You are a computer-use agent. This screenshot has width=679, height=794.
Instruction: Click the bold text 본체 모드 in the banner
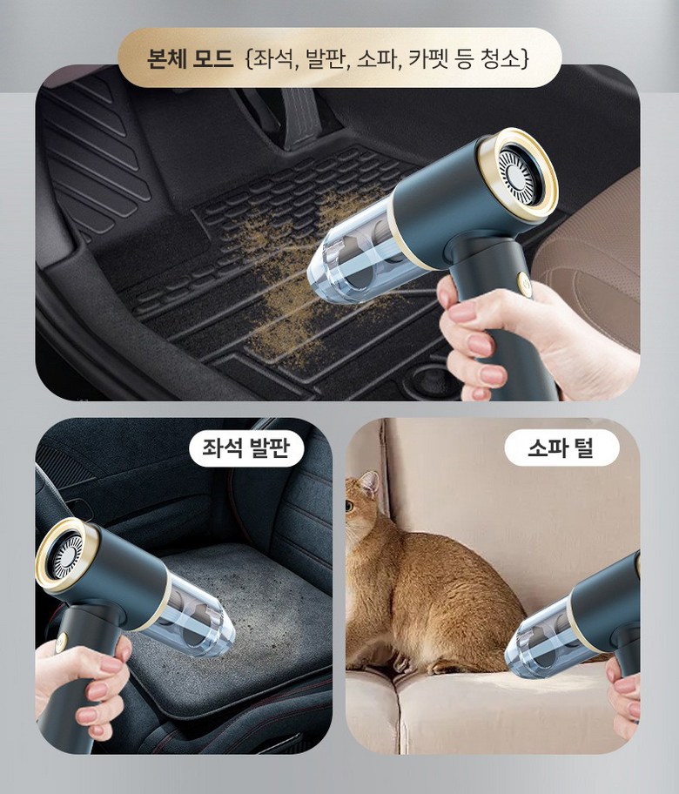click(x=190, y=58)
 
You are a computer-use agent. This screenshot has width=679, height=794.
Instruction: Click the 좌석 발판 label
click(x=245, y=447)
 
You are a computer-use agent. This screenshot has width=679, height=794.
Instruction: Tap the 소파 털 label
click(x=561, y=447)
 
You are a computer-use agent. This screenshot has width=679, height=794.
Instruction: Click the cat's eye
click(x=350, y=505)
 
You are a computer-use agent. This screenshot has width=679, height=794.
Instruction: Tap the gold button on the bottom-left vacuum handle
click(x=62, y=643)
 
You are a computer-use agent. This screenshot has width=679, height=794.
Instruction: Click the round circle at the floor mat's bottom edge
click(x=429, y=377)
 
